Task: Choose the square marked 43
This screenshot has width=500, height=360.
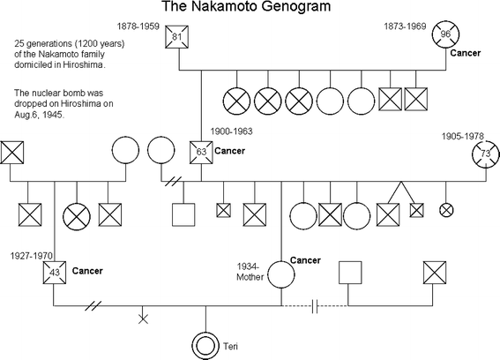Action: [55, 273]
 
